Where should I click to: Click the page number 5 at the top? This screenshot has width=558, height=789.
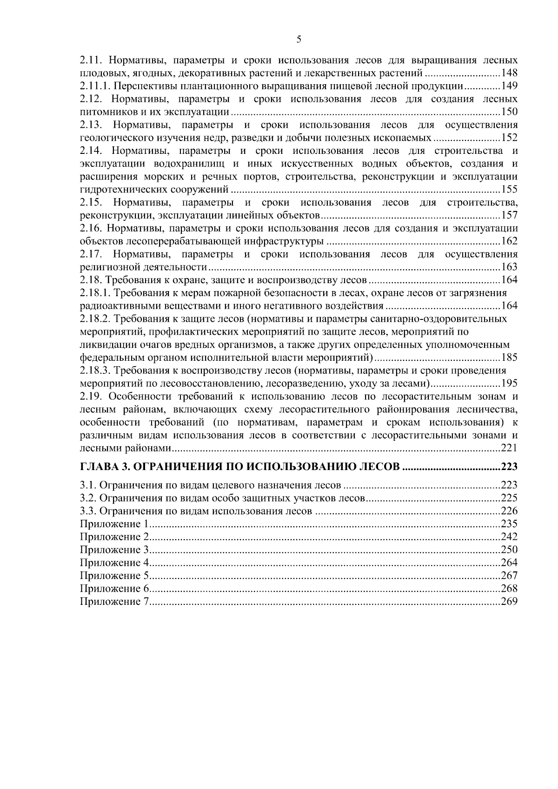299,40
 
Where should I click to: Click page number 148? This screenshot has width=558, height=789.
509,73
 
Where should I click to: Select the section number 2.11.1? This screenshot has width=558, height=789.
95,86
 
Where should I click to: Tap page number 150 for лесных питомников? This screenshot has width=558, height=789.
509,112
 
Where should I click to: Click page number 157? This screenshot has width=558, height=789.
509,215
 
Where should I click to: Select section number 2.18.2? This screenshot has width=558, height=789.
95,319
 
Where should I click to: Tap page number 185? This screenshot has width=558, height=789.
509,358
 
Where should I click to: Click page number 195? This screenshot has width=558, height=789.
509,384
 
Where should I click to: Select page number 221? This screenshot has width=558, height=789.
509,448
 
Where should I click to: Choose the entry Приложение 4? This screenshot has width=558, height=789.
114,563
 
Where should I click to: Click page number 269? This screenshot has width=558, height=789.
509,602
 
